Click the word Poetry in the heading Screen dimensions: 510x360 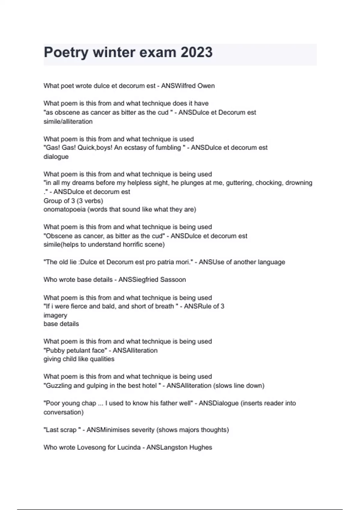(66, 52)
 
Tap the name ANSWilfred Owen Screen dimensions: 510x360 (188, 86)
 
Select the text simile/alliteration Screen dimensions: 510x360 (68, 121)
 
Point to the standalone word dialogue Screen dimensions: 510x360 (56, 157)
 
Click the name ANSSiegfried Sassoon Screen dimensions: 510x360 (152, 280)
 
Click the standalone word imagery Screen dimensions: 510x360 (55, 315)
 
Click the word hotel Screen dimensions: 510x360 (148, 385)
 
